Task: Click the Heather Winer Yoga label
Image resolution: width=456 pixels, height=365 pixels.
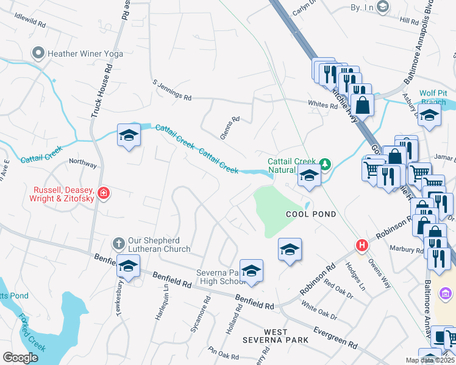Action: (x=86, y=54)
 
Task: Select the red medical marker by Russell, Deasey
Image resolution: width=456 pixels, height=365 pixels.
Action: (x=104, y=193)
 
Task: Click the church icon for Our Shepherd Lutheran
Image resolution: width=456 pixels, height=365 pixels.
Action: (x=120, y=243)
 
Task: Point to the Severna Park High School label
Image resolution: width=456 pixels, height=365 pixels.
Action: (x=221, y=277)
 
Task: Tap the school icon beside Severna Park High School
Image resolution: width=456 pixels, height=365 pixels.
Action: (x=251, y=271)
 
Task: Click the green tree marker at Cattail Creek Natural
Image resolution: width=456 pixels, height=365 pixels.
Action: (x=326, y=163)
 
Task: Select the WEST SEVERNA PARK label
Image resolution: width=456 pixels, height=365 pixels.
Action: (x=268, y=335)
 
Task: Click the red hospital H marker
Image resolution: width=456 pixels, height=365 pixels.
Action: (x=362, y=245)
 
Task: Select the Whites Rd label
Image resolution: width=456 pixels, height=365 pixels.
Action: (x=322, y=105)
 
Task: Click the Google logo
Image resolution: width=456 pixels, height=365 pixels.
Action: (x=20, y=357)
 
